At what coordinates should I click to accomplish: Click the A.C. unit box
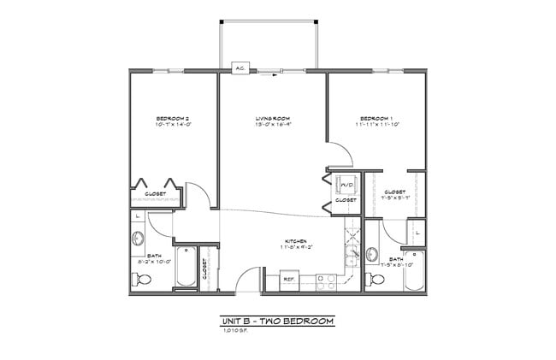coord(240,66)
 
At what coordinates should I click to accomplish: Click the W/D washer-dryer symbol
coord(347,185)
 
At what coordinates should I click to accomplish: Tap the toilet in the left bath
coord(143,279)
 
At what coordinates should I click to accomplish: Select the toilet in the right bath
coord(374,280)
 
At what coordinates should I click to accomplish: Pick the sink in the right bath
coord(372,253)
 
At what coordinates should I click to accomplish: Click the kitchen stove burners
coord(326,279)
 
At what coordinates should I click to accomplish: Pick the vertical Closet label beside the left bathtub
coord(205,268)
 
